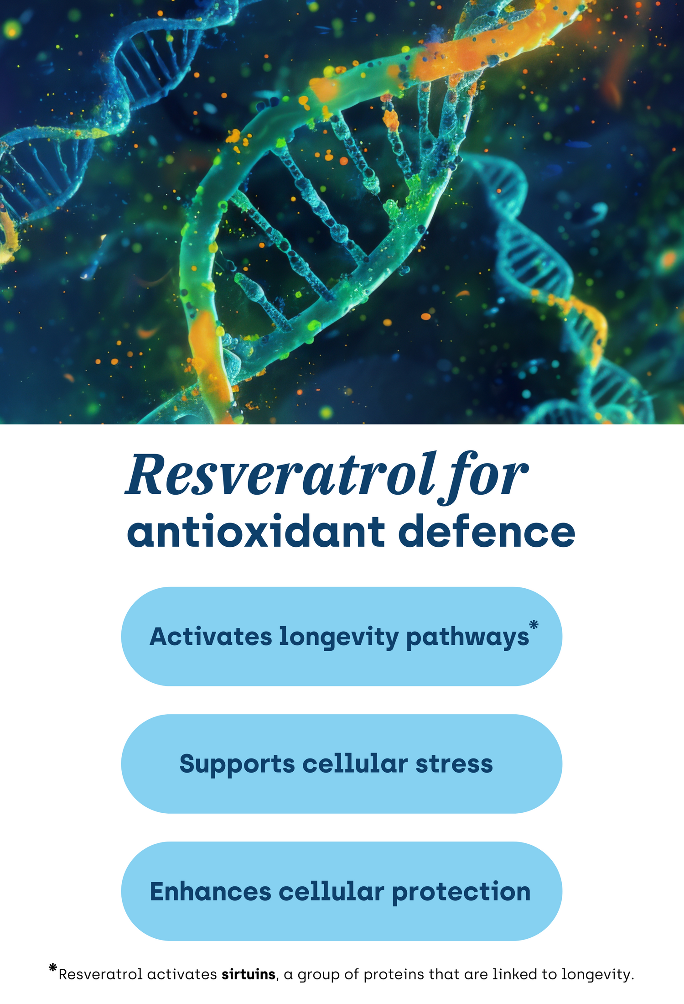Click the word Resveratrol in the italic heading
(x=279, y=475)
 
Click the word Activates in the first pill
(x=211, y=636)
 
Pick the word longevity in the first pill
(x=339, y=638)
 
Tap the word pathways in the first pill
(x=467, y=638)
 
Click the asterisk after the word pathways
(x=534, y=624)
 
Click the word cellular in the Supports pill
(x=355, y=763)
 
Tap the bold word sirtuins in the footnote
(x=249, y=974)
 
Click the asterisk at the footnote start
(x=53, y=967)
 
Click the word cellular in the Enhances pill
(x=332, y=892)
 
